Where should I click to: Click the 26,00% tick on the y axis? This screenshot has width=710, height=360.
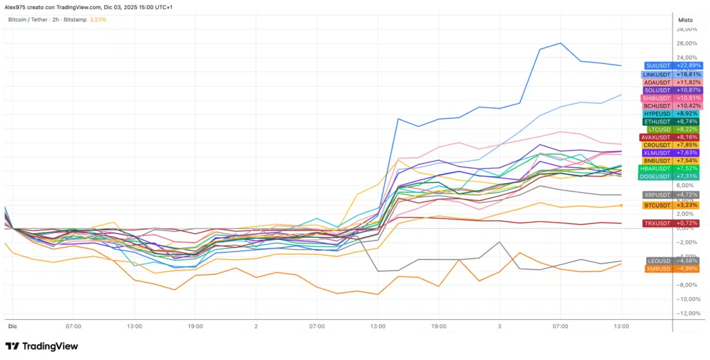pos(686,44)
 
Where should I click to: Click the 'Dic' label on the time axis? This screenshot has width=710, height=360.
pos(12,325)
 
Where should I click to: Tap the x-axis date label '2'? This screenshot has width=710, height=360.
pos(256,325)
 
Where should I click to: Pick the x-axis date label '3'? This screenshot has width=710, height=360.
pos(499,325)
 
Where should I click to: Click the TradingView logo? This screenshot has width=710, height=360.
pos(42,346)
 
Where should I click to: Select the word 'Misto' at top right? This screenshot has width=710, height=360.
pos(684,20)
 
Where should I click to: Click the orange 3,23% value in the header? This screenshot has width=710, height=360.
pos(98,20)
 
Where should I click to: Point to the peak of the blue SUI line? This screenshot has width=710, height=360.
pos(560,43)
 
